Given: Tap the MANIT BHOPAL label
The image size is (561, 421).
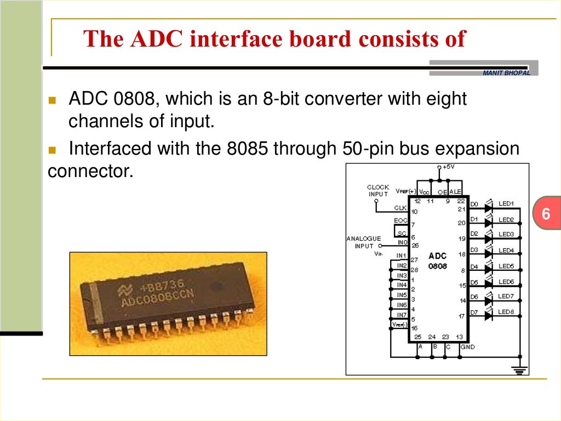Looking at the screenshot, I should [506, 73].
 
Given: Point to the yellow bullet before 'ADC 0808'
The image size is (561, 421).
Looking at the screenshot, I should [53, 101].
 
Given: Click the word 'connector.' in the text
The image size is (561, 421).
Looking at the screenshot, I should [90, 171].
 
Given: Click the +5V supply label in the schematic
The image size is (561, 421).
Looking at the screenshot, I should [448, 167].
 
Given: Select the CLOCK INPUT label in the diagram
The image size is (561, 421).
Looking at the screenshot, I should [377, 190].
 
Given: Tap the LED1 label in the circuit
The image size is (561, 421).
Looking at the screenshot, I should [506, 204].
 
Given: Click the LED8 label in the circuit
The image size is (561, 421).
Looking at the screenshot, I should [506, 312].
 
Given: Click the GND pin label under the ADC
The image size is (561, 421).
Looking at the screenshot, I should [467, 347].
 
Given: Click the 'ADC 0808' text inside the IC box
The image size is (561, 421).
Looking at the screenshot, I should [438, 261].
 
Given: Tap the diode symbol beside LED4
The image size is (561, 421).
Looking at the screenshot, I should [488, 254].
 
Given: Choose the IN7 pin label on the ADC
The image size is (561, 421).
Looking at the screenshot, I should [402, 315].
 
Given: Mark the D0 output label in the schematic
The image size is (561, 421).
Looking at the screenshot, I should [474, 204].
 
